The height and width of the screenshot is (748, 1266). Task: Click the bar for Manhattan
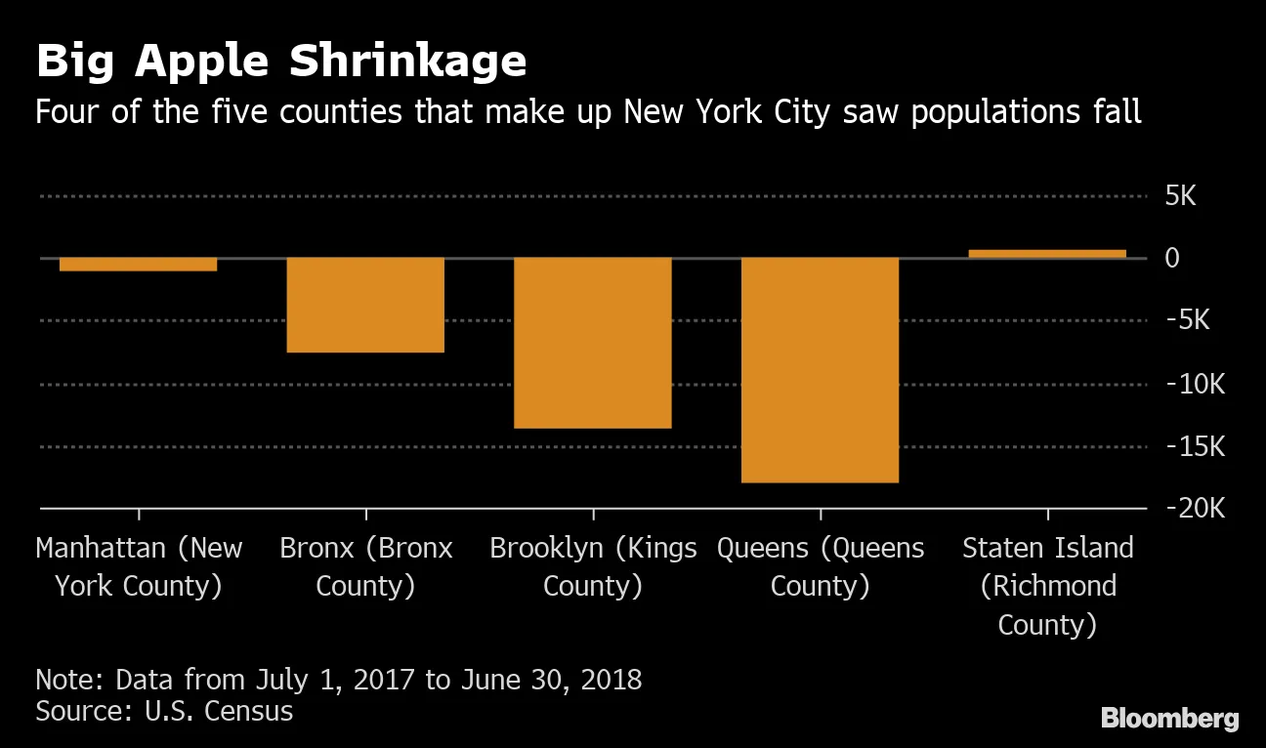pos(138,264)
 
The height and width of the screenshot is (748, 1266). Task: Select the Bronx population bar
pos(365,305)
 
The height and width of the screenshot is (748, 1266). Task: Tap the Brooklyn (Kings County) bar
pos(593,343)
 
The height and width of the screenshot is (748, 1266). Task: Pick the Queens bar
pos(820,370)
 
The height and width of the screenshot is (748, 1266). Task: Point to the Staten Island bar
pos(1047,254)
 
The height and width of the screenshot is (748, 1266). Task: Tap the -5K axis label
pos(1187,320)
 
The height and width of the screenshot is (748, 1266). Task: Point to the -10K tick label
pos(1194,384)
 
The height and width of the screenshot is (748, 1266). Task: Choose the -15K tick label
pos(1194,446)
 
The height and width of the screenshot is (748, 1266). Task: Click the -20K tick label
pos(1194,509)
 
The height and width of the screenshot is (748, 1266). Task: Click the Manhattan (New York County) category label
pos(139,566)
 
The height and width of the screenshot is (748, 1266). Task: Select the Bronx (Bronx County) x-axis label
pos(366,566)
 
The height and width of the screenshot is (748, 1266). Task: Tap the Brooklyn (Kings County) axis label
pos(593,566)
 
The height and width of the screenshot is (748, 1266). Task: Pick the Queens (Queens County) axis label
pos(821,566)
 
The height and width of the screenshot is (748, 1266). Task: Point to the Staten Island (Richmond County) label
pos(1047,586)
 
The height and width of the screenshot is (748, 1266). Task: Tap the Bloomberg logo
pos(1169,720)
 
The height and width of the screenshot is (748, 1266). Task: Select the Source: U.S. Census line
pos(164,710)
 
